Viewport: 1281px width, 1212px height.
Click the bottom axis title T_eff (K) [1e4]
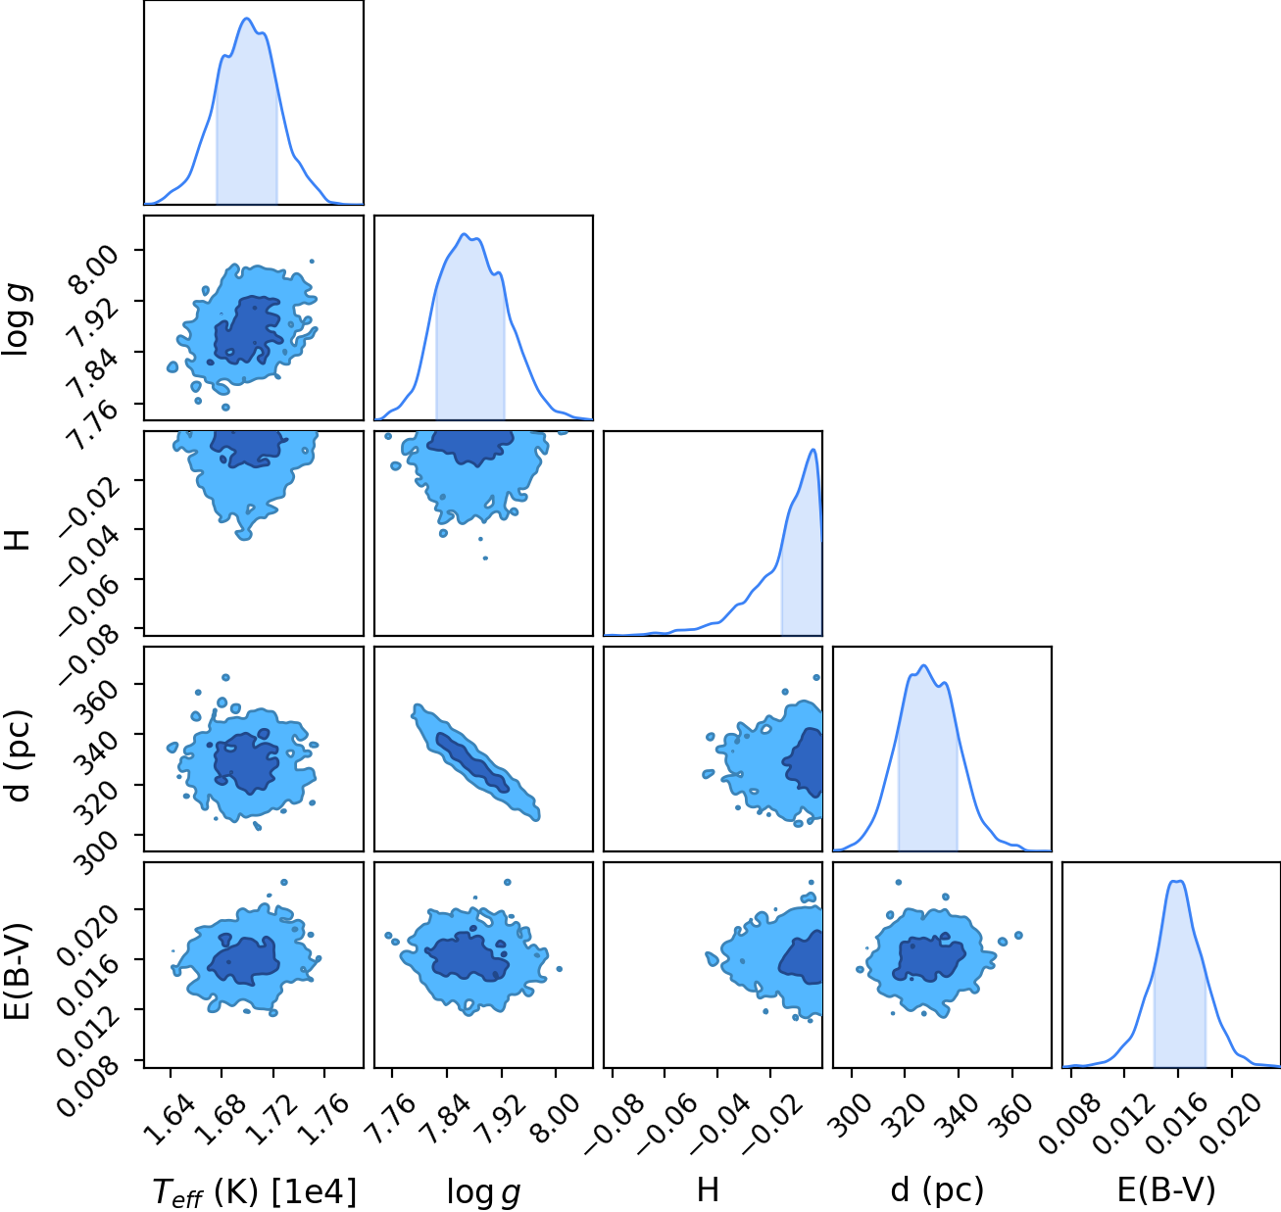(x=255, y=1191)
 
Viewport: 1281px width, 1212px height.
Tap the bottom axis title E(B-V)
(x=1165, y=1189)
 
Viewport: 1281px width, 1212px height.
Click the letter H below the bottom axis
(x=708, y=1189)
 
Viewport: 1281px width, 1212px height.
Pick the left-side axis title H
(x=17, y=540)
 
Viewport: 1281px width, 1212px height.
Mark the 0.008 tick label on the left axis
(x=90, y=1079)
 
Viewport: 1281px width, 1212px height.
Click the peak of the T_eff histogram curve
(x=247, y=19)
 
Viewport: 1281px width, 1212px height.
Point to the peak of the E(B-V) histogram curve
(x=1177, y=881)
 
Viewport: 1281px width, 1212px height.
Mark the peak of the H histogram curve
(x=813, y=449)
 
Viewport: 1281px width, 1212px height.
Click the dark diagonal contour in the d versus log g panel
(x=472, y=762)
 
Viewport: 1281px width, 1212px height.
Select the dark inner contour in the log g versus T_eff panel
(x=248, y=330)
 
